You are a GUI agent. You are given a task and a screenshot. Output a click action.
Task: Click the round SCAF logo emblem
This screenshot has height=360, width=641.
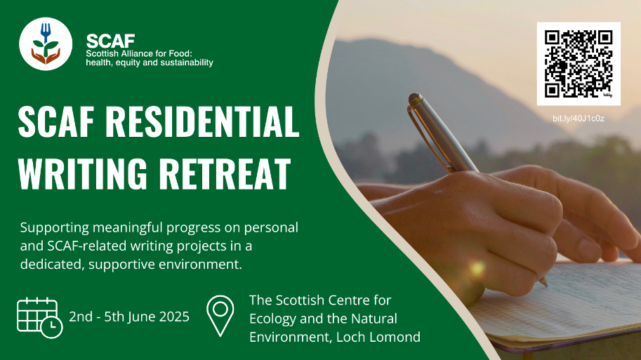tap(46, 44)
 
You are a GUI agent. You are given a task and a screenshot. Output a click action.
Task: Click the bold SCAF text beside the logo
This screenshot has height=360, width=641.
tap(110, 41)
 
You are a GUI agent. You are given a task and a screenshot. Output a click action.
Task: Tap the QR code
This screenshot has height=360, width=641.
tap(579, 64)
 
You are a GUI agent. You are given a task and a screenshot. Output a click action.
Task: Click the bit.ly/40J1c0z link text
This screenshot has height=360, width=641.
tap(579, 119)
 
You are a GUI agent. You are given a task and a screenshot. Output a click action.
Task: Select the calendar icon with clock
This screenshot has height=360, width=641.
tap(39, 318)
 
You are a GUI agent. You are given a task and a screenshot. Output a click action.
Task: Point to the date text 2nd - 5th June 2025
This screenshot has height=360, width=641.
tap(129, 316)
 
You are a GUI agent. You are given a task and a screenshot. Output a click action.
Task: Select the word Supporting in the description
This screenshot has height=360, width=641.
tap(54, 228)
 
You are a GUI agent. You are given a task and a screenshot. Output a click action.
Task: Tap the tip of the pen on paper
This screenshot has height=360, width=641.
tap(545, 284)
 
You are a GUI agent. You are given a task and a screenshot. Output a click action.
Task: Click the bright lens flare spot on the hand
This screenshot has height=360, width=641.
tap(477, 269)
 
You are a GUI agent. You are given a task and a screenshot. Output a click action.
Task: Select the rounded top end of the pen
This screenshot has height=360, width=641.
tap(414, 98)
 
